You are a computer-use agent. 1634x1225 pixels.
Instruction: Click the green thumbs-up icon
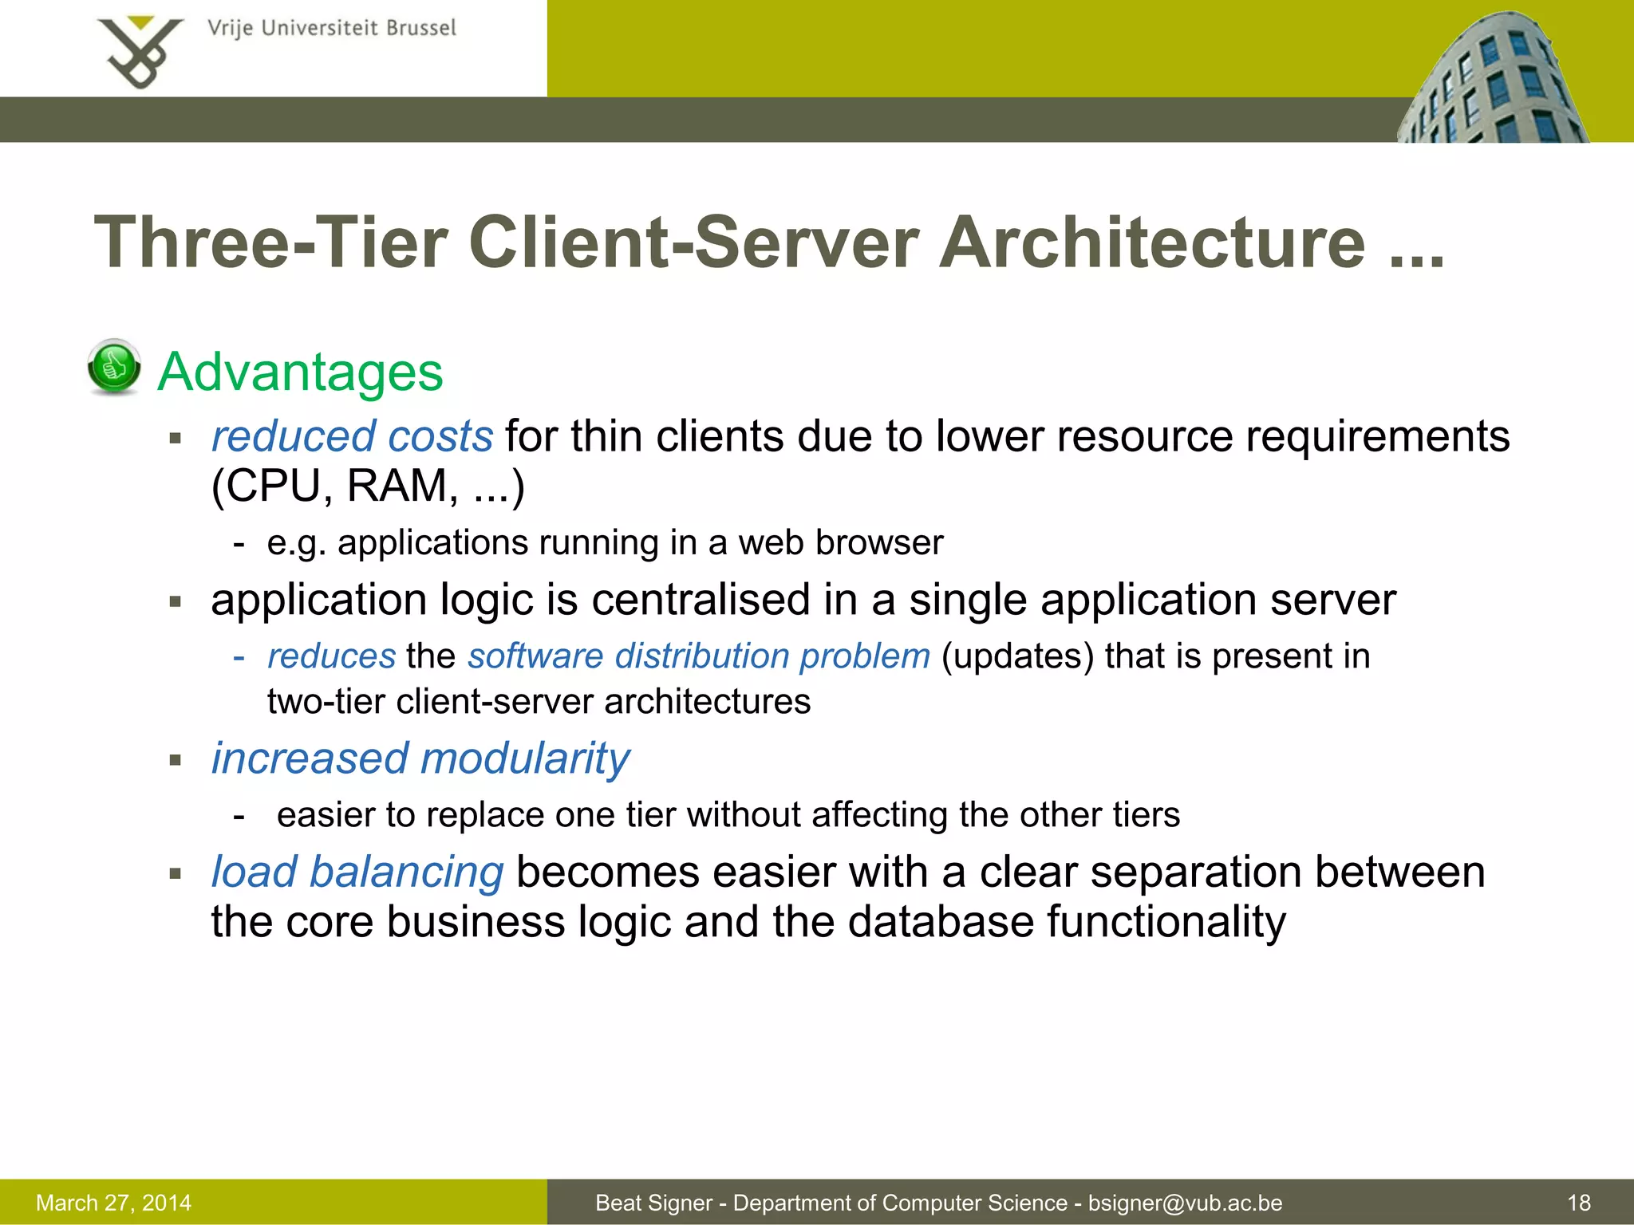pos(114,367)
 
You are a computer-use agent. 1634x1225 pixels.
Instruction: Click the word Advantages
pos(300,372)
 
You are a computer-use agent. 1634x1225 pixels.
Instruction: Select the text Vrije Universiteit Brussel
pos(332,29)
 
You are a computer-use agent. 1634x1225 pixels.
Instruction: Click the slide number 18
pos(1578,1203)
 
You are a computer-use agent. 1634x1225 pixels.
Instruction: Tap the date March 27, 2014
pos(114,1203)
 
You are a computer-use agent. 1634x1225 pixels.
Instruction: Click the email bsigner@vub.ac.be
pos(1185,1203)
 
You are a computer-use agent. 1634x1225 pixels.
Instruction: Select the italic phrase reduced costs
pos(352,437)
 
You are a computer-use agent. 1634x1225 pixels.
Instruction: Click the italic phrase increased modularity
pos(420,758)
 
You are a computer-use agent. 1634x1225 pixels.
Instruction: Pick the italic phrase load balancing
pos(357,872)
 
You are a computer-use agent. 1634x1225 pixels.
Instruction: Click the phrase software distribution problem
pos(699,656)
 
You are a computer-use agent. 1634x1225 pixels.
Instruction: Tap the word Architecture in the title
pos(1151,242)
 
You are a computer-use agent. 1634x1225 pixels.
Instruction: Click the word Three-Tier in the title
pos(271,242)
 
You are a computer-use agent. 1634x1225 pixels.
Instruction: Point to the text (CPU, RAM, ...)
pos(368,486)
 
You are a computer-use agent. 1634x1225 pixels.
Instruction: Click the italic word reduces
pos(331,656)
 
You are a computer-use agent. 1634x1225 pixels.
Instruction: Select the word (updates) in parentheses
pos(1017,656)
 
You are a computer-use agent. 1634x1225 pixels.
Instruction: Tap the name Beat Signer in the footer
pos(653,1203)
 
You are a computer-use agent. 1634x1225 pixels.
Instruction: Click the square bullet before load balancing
pos(176,874)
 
